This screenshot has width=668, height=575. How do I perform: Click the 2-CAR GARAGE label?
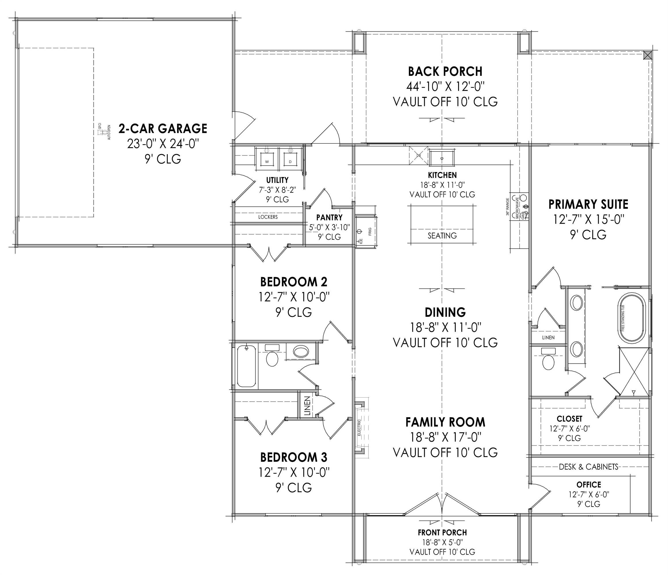pos(163,128)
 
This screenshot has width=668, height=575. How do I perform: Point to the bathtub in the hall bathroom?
pos(247,366)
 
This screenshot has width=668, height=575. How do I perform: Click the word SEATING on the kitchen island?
pos(442,236)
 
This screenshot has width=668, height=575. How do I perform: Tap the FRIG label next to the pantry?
pos(370,231)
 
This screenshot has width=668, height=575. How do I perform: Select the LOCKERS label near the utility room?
pos(268,217)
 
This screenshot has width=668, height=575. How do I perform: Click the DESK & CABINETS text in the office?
pos(588,467)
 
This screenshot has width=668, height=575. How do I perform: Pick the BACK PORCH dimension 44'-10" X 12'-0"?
pos(445,86)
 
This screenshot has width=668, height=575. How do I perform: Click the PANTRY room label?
pos(329,218)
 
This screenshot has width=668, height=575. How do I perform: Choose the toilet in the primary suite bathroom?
pos(548,361)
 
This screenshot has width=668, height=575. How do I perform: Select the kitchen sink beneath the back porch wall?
pos(442,158)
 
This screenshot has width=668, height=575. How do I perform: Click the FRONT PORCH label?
pos(442,532)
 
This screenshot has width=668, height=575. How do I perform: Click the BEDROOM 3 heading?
pos(293,457)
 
